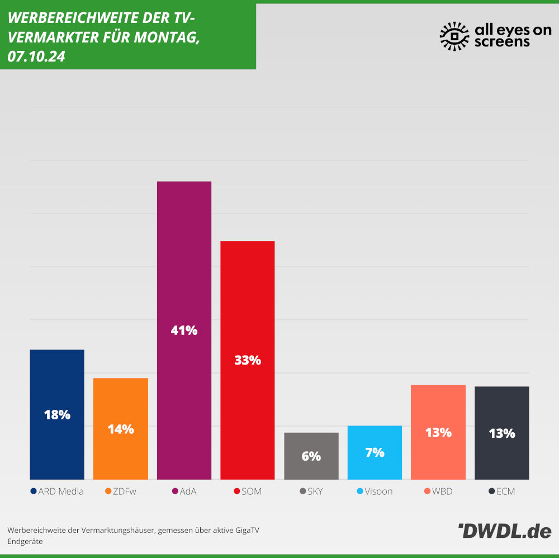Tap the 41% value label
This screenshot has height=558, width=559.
184,330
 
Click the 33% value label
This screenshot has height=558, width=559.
248,361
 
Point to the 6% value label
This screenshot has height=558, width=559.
311,456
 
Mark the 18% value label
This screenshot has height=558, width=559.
57,415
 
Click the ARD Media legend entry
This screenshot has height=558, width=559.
57,491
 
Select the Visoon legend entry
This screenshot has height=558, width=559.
375,491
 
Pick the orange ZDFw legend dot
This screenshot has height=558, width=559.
108,491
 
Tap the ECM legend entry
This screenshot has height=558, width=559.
501,491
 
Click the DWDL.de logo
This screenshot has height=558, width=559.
504,531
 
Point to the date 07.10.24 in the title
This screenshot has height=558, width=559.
36,57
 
